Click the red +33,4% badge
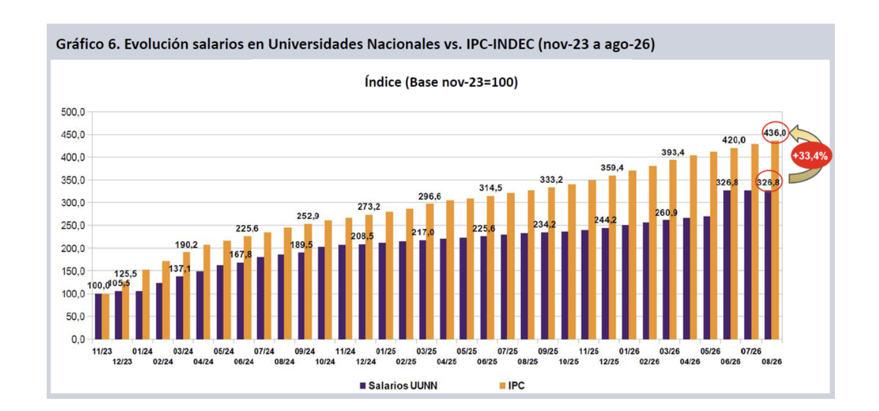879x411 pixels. (x=811, y=156)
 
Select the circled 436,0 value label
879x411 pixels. (x=775, y=133)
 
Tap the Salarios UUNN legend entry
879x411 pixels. (x=399, y=385)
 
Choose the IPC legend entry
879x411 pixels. (x=512, y=385)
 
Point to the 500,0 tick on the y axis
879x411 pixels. (x=73, y=112)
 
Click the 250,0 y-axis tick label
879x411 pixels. (x=73, y=226)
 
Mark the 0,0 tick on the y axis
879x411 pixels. (x=78, y=339)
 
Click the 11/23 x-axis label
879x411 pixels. (x=102, y=352)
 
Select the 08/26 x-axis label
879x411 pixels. (x=772, y=362)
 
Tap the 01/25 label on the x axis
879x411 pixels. (x=385, y=352)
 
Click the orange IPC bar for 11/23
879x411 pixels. (x=105, y=316)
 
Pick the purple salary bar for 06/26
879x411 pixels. (x=727, y=265)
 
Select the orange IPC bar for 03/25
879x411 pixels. (x=430, y=272)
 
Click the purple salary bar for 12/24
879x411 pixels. (x=362, y=291)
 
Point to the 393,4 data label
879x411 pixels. (x=673, y=152)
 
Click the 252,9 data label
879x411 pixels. (x=308, y=216)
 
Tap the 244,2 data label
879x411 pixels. (x=605, y=220)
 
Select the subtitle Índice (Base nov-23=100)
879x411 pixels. (x=442, y=82)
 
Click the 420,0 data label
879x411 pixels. (x=733, y=140)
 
